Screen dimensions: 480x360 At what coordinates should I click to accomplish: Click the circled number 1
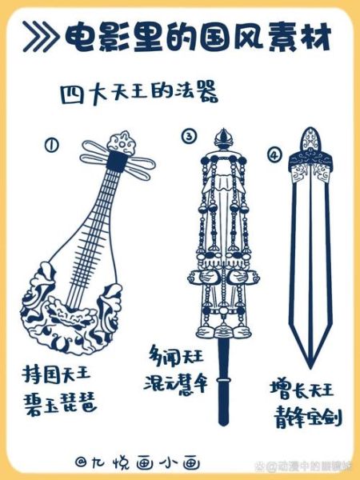(52, 145)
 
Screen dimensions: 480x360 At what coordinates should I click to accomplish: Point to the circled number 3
(189, 137)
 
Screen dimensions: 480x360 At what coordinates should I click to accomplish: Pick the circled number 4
(274, 154)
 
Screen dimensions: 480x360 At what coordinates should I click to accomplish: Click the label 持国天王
(57, 374)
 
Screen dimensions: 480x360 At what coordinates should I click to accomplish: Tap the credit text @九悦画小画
(137, 462)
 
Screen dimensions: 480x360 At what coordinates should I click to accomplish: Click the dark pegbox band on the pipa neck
(118, 163)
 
